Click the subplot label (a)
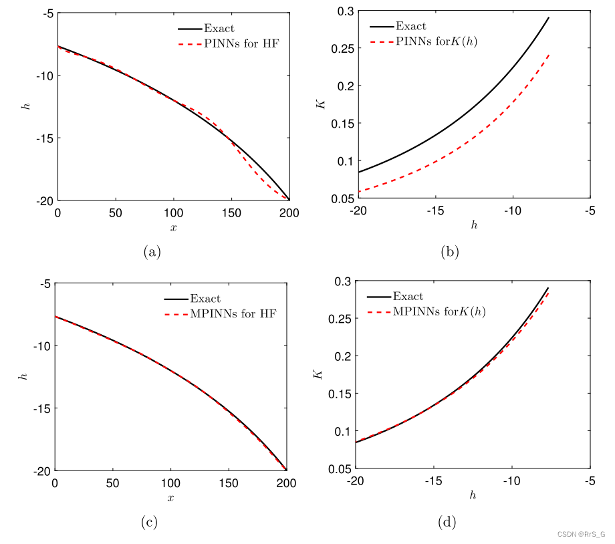(152, 251)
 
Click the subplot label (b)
(450, 251)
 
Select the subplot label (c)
(149, 522)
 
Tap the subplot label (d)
(447, 522)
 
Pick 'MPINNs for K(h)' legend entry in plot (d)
(439, 311)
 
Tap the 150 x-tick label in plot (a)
(231, 213)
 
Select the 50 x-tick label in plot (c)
(112, 483)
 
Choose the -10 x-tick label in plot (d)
(511, 481)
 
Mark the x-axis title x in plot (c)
(170, 497)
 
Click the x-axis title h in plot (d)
(473, 496)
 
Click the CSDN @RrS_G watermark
(580, 535)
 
